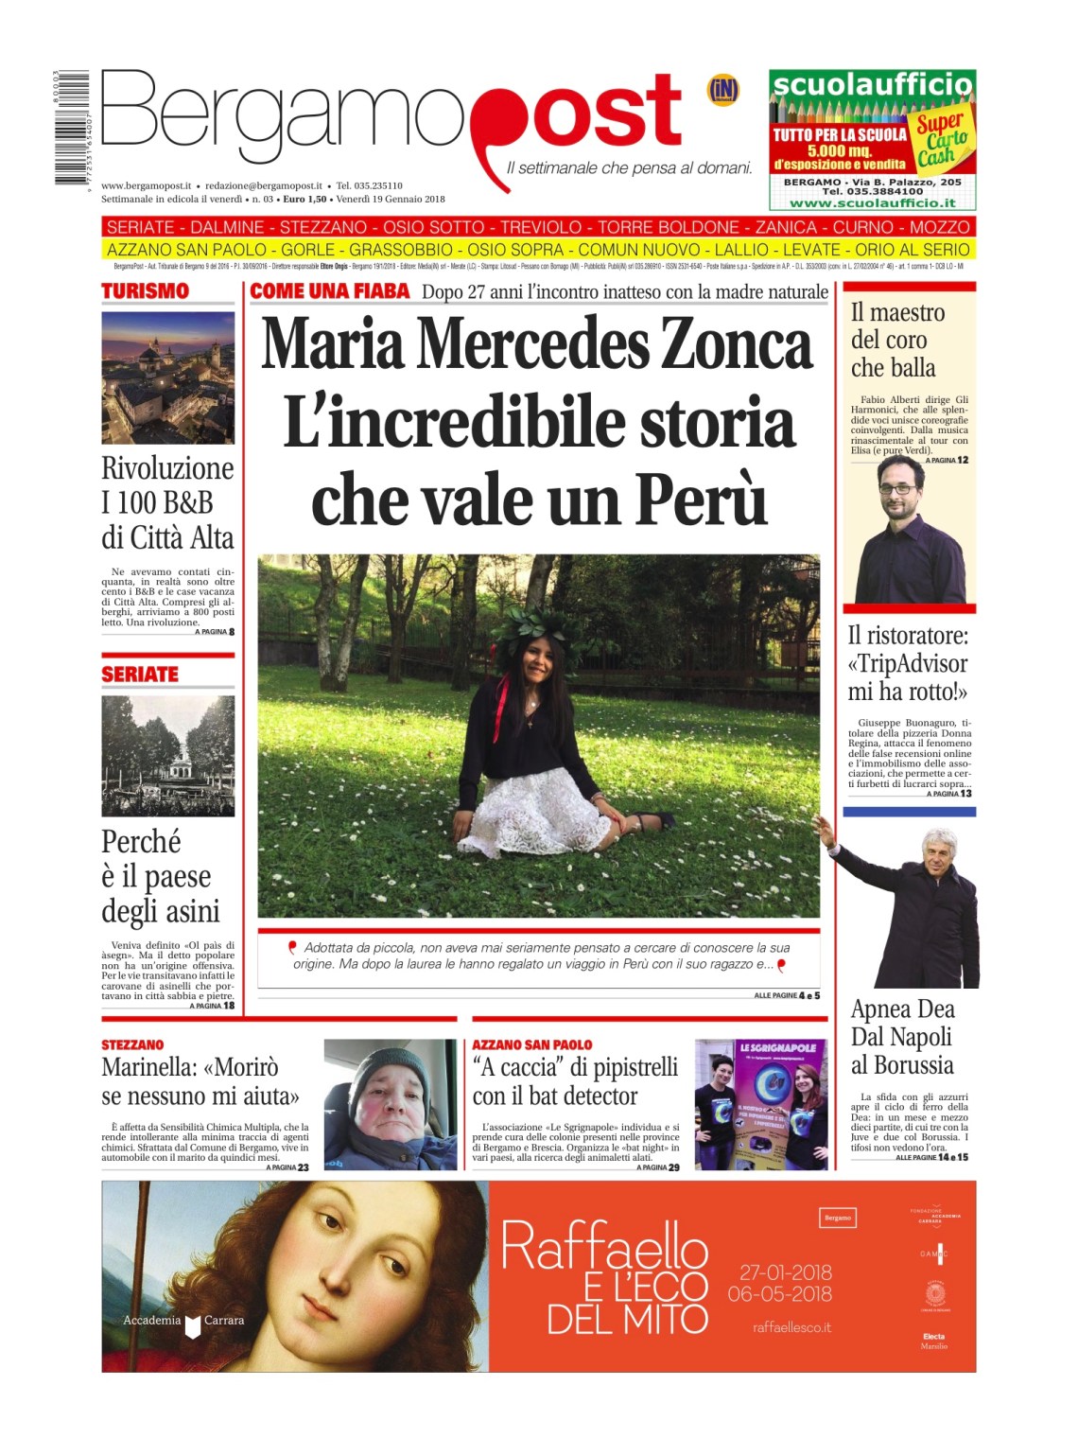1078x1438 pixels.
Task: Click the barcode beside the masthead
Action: coord(71,128)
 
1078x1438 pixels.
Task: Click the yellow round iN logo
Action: coord(723,91)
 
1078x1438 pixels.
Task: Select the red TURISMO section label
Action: coord(145,291)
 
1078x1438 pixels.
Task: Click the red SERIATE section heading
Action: coord(140,675)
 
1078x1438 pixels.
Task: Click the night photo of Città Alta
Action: coord(167,377)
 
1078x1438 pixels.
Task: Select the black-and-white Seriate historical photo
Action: coord(167,756)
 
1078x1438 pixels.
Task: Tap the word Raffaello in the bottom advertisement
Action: coord(604,1246)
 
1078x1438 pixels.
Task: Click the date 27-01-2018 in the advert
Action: coord(785,1272)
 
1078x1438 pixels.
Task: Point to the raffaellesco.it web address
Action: coord(791,1327)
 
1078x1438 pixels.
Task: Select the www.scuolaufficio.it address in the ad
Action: coord(872,202)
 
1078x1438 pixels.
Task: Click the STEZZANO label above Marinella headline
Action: coord(132,1044)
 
